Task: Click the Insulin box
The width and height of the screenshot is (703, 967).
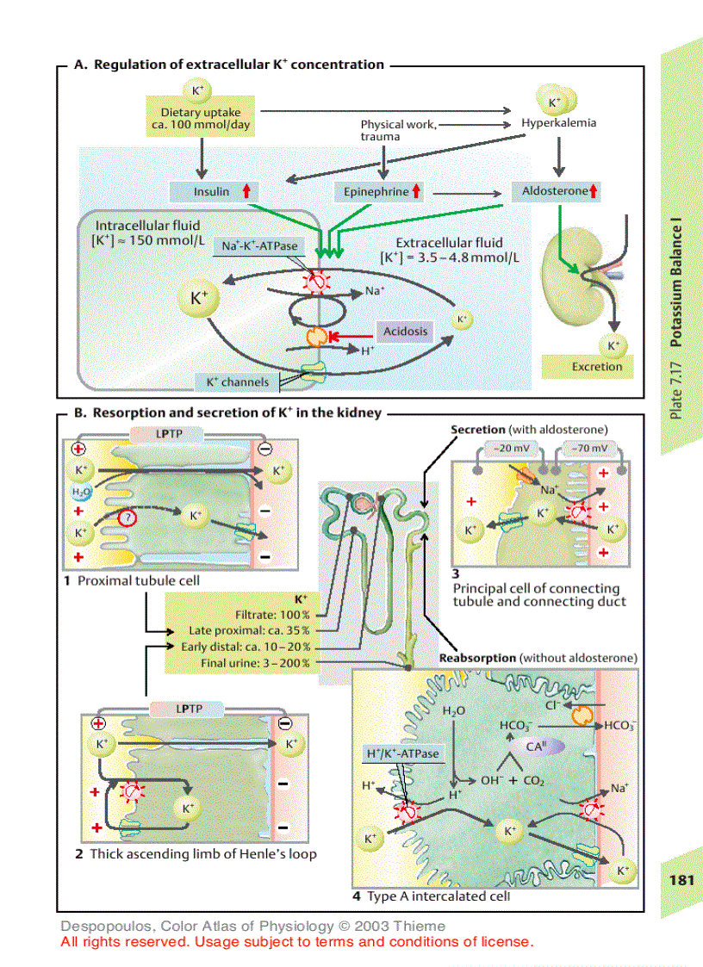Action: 212,191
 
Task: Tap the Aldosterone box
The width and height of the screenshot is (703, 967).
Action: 556,191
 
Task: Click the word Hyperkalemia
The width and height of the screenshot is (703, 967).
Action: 558,123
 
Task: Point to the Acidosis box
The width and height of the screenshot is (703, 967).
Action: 405,332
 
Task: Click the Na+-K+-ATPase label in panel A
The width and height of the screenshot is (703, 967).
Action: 259,245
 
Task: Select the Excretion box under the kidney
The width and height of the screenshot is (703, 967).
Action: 596,367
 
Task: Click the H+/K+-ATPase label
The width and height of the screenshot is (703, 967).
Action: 402,753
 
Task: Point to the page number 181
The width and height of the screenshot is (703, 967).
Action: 681,880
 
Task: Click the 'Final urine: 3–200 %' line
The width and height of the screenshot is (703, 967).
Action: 256,663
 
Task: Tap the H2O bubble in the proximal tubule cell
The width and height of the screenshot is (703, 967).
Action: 79,492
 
